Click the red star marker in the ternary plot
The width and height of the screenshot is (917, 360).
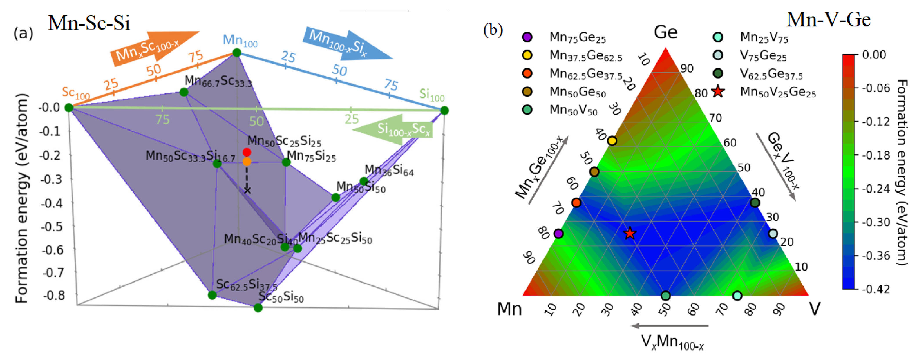[x=630, y=234]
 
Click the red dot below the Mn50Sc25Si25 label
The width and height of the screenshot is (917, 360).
[x=247, y=152]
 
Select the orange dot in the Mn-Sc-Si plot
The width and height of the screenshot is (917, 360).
[x=247, y=162]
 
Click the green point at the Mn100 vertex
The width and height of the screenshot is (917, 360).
[x=237, y=53]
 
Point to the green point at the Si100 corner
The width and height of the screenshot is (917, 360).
[x=444, y=111]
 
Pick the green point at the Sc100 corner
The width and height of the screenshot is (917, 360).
[x=69, y=108]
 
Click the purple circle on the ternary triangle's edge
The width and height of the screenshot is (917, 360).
[x=558, y=234]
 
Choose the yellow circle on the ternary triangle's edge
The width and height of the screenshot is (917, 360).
[x=612, y=141]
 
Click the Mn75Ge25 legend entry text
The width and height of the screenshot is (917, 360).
[x=577, y=37]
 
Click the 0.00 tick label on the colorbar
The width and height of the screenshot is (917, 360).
[x=874, y=55]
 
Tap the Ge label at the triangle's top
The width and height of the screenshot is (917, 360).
[x=665, y=33]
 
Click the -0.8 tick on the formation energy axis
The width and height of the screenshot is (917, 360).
[x=53, y=296]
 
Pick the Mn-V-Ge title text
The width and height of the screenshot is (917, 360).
[x=828, y=20]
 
